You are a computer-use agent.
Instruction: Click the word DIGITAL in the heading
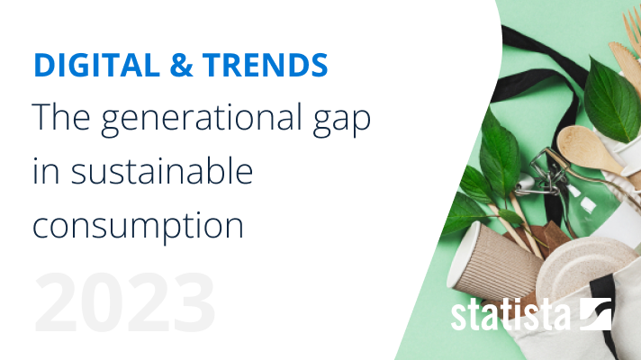click(x=97, y=65)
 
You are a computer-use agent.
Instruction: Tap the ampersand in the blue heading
click(x=181, y=65)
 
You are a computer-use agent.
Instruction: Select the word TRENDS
click(x=266, y=65)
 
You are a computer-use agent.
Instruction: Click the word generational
click(x=201, y=118)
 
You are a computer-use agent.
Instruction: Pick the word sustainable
click(x=162, y=171)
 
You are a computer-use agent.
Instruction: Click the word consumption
click(x=138, y=227)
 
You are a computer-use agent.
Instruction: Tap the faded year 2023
click(x=125, y=302)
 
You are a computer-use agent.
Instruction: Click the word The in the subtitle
click(x=61, y=116)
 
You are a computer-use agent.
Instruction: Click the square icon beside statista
click(x=596, y=314)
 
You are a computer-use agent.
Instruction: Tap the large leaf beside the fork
click(x=611, y=100)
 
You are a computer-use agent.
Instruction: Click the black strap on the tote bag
click(x=604, y=310)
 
